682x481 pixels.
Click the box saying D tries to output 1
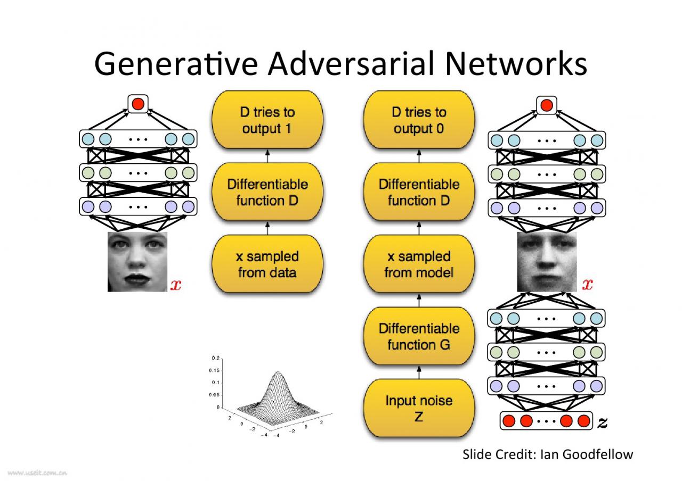[x=267, y=120]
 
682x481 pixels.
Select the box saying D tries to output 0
[x=418, y=120]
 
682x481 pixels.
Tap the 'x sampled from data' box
[x=267, y=264]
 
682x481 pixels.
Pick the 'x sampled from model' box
[x=418, y=264]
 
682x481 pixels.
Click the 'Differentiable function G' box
[x=418, y=336]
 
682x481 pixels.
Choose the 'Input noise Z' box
[x=418, y=408]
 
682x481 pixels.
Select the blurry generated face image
[x=547, y=262]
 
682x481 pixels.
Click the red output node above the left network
[x=138, y=103]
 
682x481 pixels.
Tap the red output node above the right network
[x=546, y=105]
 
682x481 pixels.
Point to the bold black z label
[x=602, y=422]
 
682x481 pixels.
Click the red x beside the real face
[x=175, y=285]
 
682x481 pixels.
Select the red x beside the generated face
[x=587, y=285]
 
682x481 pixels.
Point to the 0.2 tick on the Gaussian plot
[x=215, y=358]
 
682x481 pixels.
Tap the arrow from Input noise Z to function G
[x=418, y=372]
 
